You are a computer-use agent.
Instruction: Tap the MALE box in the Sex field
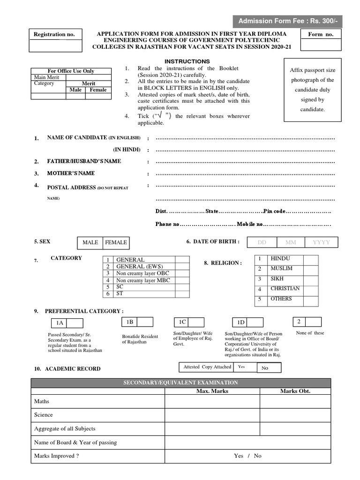point(90,242)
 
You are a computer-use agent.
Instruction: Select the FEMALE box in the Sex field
point(116,242)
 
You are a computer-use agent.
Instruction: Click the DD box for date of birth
point(262,242)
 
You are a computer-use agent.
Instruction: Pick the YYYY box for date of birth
point(321,242)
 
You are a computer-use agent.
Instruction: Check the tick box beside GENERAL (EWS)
point(181,266)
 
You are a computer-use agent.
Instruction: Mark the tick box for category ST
point(181,293)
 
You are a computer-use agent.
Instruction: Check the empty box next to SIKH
point(310,279)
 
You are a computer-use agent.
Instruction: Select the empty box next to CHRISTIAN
point(310,289)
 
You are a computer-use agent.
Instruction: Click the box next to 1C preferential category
point(196,322)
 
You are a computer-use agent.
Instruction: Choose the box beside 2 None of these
point(313,322)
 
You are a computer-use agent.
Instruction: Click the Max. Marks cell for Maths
point(212,402)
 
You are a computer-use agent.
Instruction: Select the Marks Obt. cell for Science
point(295,415)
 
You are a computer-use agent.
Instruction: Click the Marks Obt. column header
point(295,391)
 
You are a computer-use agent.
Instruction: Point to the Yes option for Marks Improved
point(238,456)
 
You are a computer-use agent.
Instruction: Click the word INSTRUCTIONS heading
point(187,61)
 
